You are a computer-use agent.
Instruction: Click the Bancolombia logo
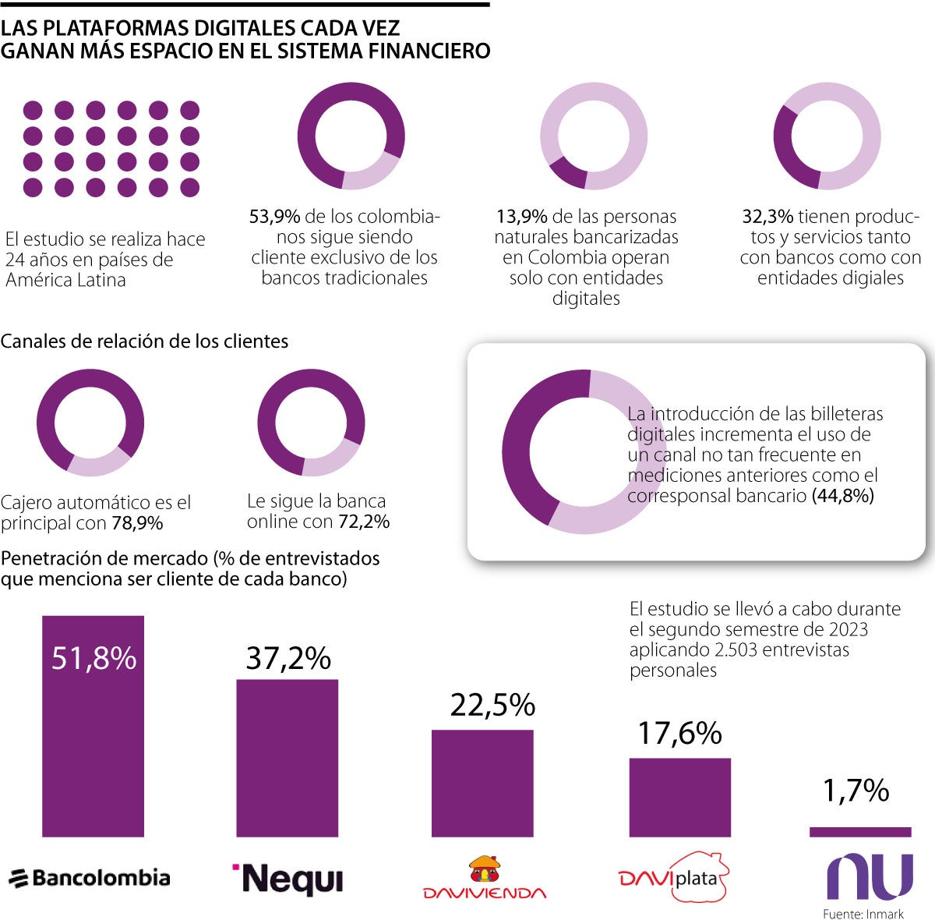(90, 878)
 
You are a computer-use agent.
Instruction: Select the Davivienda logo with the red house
(484, 879)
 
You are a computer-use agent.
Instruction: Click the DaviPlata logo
(673, 879)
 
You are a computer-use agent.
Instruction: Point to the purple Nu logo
(870, 876)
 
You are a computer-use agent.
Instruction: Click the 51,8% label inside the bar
(93, 659)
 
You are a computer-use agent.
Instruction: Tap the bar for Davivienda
(482, 783)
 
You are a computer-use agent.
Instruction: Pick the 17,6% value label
(679, 733)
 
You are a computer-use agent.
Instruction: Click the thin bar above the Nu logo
(859, 832)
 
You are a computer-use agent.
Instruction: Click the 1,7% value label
(856, 791)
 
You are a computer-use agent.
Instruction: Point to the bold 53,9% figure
(274, 217)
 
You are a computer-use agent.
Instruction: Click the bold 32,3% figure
(767, 217)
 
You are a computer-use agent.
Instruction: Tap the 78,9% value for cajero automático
(137, 523)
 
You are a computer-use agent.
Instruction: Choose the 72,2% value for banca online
(364, 522)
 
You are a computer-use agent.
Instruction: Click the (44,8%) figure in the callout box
(842, 495)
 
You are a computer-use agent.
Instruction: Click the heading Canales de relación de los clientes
(144, 341)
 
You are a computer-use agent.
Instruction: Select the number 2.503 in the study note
(737, 649)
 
